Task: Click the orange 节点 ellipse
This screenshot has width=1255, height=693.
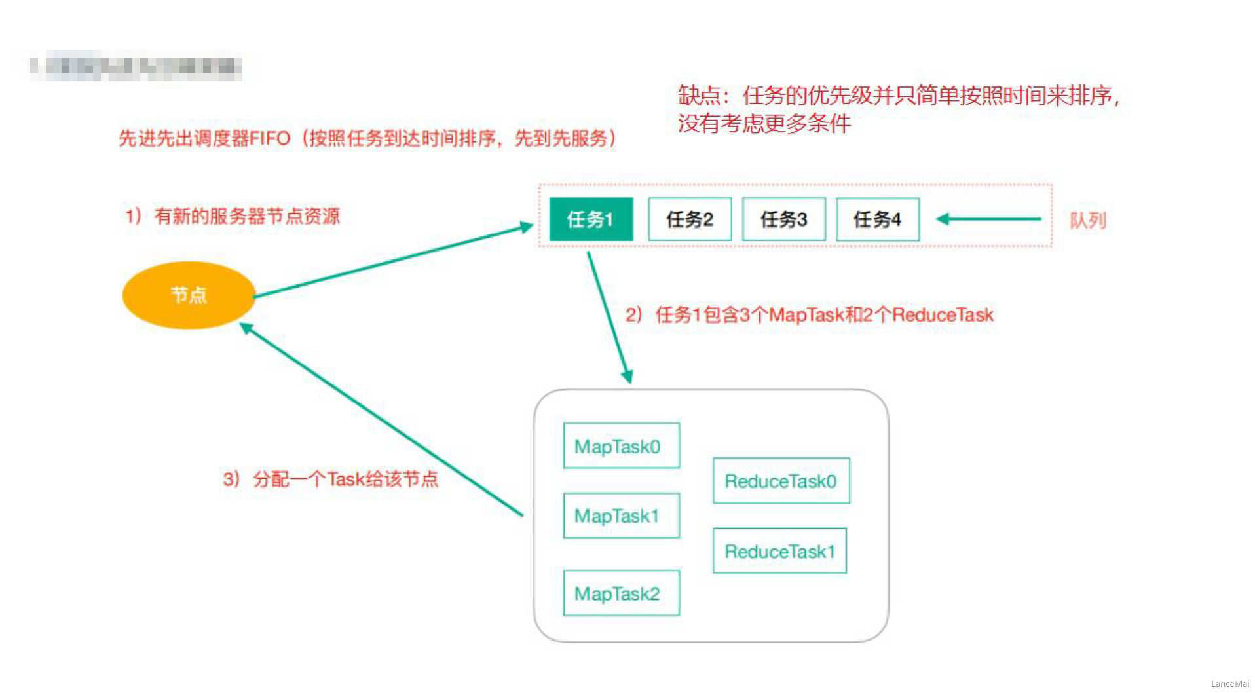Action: click(189, 295)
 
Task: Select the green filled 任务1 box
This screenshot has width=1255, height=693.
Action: click(591, 219)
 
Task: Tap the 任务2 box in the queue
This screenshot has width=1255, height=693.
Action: click(690, 219)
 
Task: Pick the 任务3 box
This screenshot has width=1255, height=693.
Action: click(783, 219)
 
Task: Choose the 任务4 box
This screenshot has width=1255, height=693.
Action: click(878, 219)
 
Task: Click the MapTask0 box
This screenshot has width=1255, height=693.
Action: click(621, 446)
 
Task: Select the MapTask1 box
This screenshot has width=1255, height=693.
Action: click(621, 516)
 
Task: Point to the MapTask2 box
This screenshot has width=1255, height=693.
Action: click(621, 593)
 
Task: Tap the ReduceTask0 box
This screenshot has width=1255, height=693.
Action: click(781, 481)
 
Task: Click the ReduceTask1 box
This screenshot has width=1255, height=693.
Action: click(779, 552)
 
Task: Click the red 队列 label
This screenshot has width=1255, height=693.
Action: click(1087, 221)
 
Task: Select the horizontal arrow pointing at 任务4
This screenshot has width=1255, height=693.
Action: click(989, 219)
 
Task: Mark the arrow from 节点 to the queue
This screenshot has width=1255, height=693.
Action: click(393, 261)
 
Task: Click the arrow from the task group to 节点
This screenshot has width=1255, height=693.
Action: click(380, 419)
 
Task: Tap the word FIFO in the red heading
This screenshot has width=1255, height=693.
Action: click(270, 139)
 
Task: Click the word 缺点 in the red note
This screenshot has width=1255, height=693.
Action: click(699, 96)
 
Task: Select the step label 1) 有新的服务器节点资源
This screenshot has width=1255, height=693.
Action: click(233, 216)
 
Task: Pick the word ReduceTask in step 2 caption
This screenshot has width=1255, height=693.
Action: click(943, 315)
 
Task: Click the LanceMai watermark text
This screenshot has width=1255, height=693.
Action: click(1229, 684)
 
